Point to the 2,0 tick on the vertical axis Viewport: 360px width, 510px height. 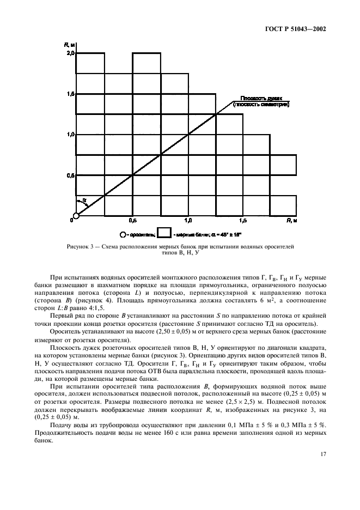70,53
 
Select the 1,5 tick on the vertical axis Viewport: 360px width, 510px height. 70,94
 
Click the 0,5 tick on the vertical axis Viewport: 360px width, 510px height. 70,175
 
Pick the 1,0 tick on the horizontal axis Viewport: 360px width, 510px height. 188,221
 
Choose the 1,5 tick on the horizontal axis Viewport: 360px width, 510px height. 242,221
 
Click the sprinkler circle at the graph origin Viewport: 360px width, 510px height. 76,216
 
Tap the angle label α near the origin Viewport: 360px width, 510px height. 84,200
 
